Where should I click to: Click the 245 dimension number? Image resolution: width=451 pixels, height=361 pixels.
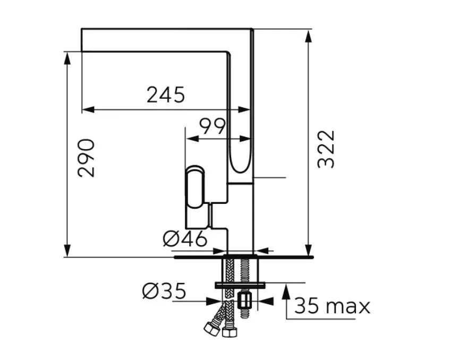[x=166, y=95]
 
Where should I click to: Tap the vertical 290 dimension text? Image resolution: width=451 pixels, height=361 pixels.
[x=86, y=158]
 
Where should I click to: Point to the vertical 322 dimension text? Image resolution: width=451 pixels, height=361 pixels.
[x=326, y=149]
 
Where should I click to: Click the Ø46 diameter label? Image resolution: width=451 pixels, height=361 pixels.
[x=185, y=239]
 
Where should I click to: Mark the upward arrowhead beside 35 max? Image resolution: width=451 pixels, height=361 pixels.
[x=286, y=290]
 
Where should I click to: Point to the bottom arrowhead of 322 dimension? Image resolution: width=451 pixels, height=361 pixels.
[x=308, y=250]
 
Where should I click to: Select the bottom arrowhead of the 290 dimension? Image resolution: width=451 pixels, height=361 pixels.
[x=67, y=250]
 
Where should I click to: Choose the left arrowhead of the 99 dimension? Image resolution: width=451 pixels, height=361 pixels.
[x=192, y=139]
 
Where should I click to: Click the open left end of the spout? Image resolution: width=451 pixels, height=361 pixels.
[x=81, y=40]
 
